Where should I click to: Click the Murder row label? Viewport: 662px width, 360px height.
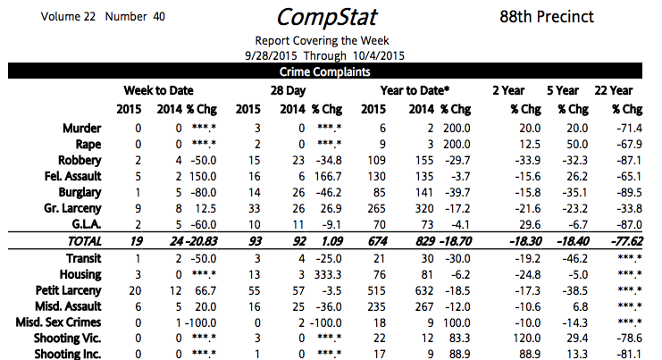83,128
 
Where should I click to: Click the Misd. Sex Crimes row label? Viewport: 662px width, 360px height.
59,322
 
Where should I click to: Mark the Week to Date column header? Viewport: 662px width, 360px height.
159,91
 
